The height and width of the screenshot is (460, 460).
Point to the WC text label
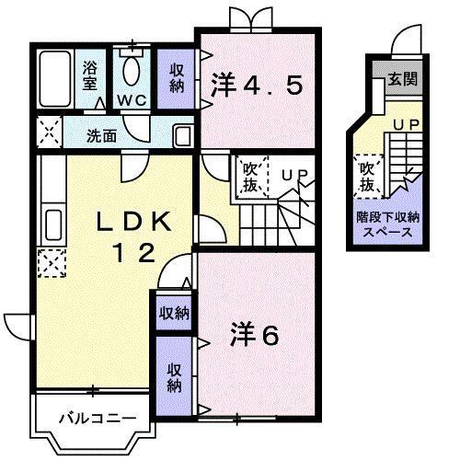point(132,99)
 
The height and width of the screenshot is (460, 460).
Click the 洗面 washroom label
point(101,136)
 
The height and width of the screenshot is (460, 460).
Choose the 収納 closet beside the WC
point(176,76)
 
